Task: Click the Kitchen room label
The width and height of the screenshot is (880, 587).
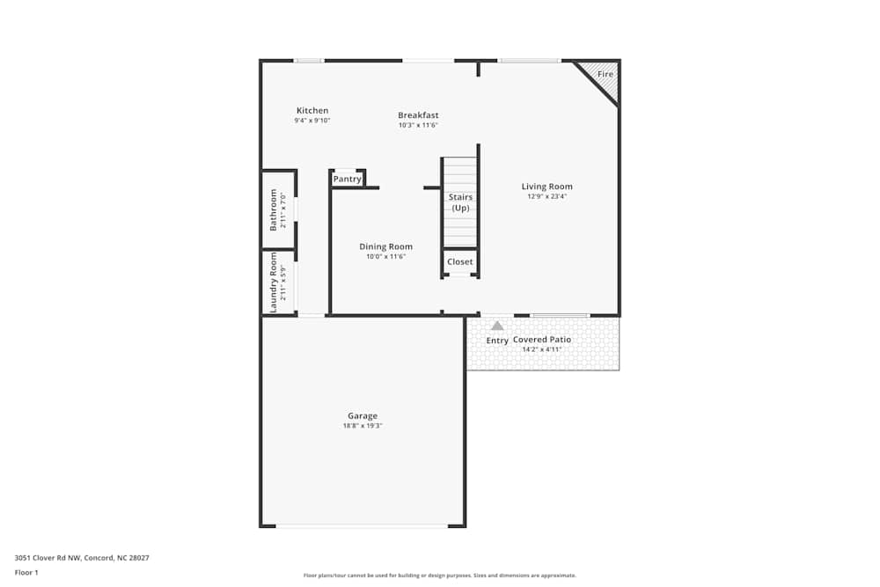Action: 312,111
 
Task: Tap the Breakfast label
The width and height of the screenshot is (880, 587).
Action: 418,115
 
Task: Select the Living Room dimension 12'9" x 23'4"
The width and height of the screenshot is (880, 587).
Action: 546,196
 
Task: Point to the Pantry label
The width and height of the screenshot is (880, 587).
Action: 348,179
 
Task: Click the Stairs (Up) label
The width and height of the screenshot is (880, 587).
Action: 460,202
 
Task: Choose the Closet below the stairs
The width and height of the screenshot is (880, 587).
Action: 459,261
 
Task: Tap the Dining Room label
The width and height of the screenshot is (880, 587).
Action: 385,246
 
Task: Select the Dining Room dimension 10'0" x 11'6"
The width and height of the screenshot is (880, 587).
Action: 385,256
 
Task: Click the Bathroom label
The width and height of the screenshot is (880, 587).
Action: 274,209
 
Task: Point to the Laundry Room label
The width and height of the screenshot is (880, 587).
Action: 274,282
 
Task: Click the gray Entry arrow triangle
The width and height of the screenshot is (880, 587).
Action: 497,326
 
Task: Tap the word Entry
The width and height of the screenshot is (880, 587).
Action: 497,341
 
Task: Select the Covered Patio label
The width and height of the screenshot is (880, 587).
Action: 542,340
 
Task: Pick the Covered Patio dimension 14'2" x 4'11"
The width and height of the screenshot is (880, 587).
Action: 542,349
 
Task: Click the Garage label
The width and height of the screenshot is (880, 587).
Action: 362,415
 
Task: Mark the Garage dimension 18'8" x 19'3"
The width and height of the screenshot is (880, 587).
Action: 362,426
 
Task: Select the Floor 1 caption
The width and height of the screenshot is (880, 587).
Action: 26,572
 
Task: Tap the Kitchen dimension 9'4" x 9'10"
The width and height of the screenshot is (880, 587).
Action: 312,121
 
